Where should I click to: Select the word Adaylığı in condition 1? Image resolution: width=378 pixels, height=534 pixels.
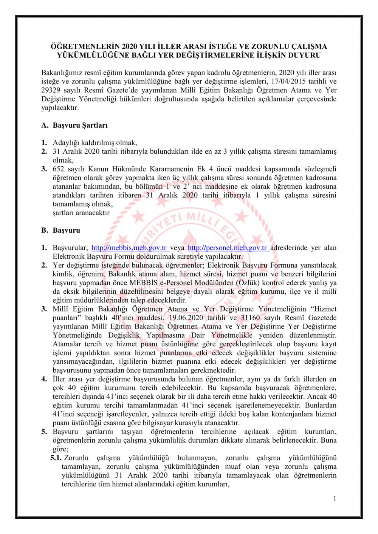coord(65,142)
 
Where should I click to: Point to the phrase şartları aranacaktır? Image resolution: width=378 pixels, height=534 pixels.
coord(81,213)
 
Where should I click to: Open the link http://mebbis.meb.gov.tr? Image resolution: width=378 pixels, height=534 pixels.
coord(129,248)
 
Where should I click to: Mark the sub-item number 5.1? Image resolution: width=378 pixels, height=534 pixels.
coord(56,458)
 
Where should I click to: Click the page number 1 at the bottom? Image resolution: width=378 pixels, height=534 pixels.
coord(335,499)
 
